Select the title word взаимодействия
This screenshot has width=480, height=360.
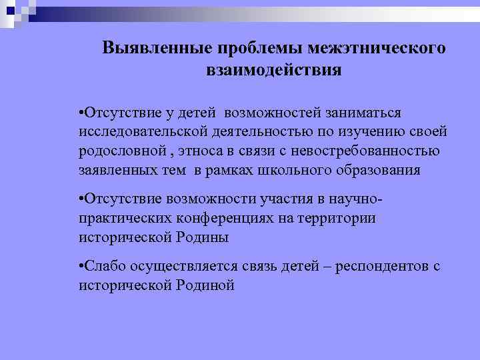tap(274, 70)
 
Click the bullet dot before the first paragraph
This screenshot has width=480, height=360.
tap(80, 109)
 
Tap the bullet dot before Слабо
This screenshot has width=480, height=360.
tap(80, 267)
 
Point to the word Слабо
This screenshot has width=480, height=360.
tap(101, 267)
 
